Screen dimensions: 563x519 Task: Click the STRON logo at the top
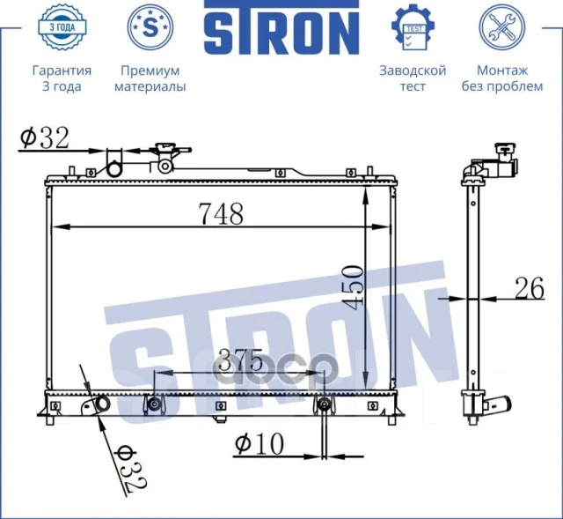281,27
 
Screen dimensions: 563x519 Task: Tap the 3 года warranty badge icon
62,27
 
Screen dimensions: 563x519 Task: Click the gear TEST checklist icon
413,27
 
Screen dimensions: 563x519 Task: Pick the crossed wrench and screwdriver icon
502,27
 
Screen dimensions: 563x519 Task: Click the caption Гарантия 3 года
62,78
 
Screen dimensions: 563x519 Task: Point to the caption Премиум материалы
150,78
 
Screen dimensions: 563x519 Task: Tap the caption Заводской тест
413,78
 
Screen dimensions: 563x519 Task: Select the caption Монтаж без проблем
502,78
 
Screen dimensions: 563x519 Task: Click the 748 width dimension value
221,213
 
